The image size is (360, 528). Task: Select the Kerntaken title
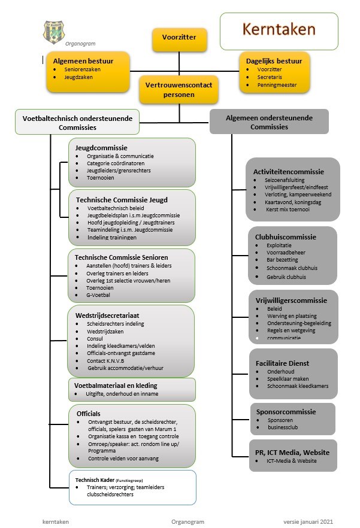click(279, 29)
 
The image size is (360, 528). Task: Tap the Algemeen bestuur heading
click(83, 61)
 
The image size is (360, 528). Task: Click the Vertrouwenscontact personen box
click(179, 90)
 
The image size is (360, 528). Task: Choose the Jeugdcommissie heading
click(101, 148)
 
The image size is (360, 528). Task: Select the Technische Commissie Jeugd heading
click(122, 200)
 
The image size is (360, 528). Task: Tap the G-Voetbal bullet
click(98, 295)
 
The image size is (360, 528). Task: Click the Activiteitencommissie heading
click(288, 172)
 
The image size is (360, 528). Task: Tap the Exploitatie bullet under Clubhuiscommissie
click(279, 245)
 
